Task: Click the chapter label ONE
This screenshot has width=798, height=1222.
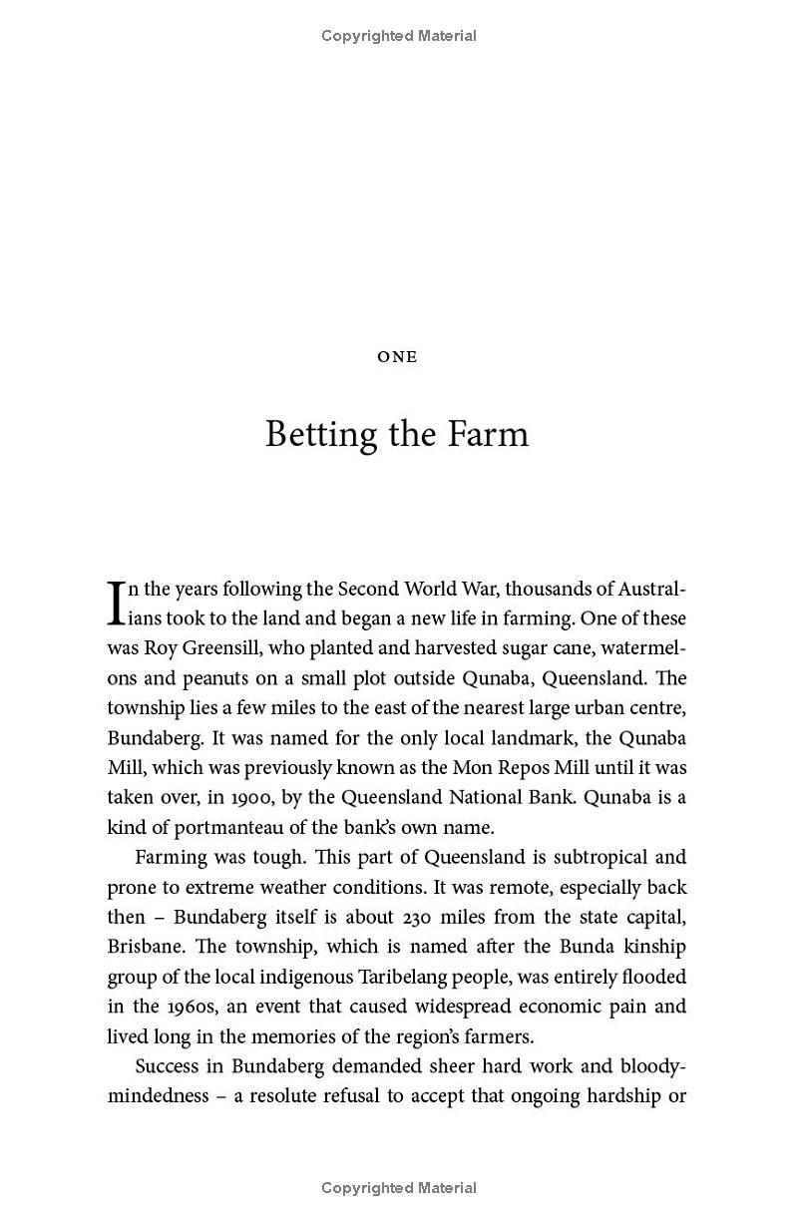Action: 397,357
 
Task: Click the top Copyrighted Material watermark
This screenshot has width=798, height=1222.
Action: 399,36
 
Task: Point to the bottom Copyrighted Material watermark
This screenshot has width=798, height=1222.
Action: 399,1188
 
